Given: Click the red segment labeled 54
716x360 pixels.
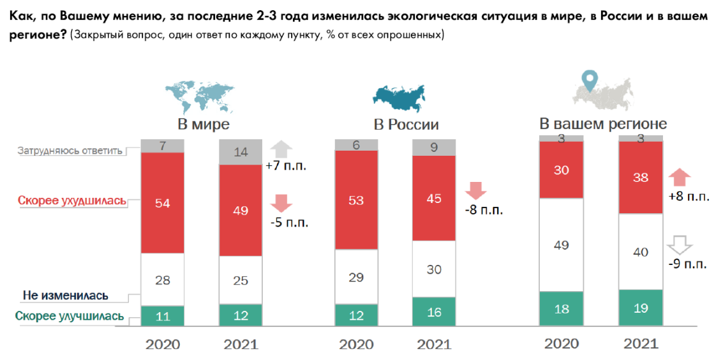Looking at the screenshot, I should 162,202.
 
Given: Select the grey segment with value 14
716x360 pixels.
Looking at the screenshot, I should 241,152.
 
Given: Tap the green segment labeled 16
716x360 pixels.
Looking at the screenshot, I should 434,312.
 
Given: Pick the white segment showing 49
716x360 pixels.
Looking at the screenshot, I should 562,244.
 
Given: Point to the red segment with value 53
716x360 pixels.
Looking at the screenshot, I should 356,200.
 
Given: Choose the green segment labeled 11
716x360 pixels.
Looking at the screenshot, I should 162,316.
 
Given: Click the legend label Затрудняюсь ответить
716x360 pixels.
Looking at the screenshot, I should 70,151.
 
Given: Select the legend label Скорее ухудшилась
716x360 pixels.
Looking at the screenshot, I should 71,201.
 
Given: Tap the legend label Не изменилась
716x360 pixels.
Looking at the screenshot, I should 65,296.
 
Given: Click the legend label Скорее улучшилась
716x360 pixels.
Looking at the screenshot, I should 70,316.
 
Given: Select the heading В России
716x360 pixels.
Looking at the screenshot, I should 406,124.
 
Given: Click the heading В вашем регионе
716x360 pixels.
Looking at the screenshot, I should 603,123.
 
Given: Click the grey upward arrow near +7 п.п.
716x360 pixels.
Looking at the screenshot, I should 281,149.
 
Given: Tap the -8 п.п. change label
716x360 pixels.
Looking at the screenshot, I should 485,210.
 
